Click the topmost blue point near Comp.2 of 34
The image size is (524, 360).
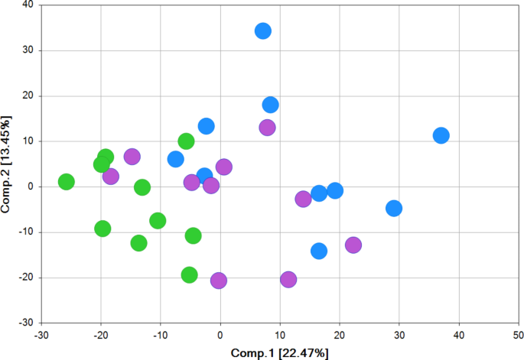263,31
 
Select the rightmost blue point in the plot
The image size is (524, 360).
441,135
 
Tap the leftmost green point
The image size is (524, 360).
66,182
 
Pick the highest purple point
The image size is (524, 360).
267,128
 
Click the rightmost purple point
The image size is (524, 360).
353,245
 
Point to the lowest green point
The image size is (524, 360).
189,275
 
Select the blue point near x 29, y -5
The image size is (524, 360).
394,208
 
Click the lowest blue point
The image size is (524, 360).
319,251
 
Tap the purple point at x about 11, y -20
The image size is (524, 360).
288,280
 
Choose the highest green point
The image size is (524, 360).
186,141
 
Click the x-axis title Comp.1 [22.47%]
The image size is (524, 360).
280,353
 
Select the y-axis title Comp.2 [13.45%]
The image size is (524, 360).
7,164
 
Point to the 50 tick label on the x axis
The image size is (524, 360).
518,334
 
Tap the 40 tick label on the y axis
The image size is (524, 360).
28,5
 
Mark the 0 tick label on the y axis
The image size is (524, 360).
31,186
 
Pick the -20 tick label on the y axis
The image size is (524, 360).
26,277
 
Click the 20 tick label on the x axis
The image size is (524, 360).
339,334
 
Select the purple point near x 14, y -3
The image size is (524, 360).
303,199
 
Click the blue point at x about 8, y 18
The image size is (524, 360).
270,105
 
